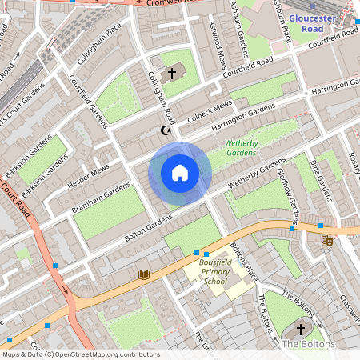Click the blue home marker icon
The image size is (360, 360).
click(x=180, y=173)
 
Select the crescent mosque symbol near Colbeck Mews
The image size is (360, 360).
click(x=167, y=130)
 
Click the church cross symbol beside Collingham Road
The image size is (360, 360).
click(x=171, y=74)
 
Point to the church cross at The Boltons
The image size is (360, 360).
click(x=302, y=328)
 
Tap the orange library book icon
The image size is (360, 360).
click(x=144, y=275)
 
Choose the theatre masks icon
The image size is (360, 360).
click(x=326, y=239)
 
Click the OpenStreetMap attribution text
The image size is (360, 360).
click(x=79, y=354)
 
